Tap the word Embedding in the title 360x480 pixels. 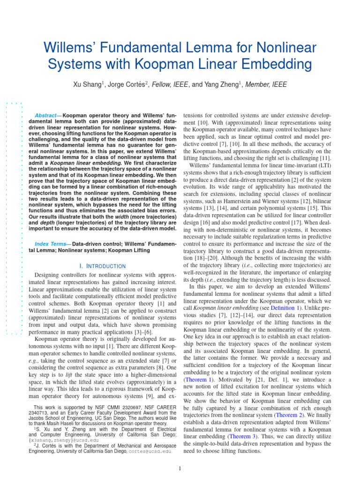point(270,64)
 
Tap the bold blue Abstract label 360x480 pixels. point(48,115)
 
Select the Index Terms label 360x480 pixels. point(53,244)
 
